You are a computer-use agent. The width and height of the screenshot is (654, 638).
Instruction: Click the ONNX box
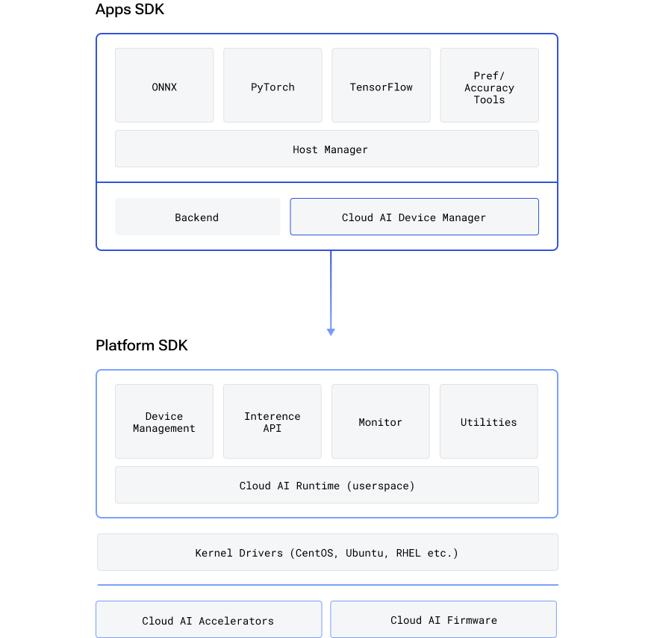pos(164,86)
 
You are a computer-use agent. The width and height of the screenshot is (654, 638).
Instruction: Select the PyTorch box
pos(272,86)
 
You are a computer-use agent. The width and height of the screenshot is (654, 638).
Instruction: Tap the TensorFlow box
pos(381,86)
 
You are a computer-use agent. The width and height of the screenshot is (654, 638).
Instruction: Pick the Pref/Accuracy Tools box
pos(489,87)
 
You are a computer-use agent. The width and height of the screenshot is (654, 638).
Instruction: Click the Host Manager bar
pos(326,149)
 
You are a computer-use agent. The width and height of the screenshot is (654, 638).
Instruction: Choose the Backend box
pos(197,217)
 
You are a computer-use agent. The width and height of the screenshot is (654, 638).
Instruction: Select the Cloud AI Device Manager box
pos(414,217)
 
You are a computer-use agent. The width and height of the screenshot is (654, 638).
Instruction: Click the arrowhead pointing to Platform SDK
pos(331,331)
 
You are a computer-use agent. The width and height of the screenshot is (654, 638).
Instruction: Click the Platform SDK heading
pos(142,345)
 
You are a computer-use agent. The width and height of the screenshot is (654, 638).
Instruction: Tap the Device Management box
pos(164,421)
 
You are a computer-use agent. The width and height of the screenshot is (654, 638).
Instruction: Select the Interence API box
pos(272,421)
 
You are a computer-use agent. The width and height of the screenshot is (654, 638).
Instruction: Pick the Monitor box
pos(380,421)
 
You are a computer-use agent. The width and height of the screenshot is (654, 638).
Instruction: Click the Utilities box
pos(488,421)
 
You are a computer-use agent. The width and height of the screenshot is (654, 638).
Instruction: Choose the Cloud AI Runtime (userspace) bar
pos(326,485)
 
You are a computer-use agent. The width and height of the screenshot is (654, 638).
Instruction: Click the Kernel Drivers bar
pos(326,552)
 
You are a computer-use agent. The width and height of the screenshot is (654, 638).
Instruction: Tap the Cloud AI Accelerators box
pos(208,620)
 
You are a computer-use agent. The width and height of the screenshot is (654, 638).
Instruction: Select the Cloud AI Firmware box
pos(443,619)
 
